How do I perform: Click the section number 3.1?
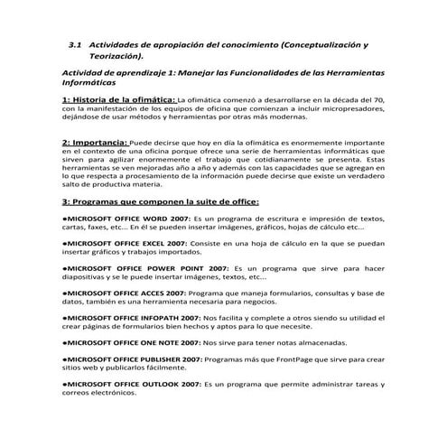(x=76, y=43)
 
